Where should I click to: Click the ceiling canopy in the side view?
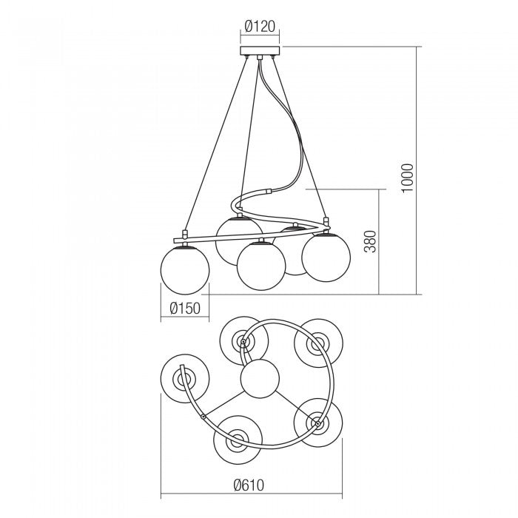[260, 51]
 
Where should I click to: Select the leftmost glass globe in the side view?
[185, 271]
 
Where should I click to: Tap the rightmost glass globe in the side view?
[326, 258]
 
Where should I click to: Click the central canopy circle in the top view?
[260, 379]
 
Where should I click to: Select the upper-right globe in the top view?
[317, 343]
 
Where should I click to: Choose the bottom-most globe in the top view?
[238, 443]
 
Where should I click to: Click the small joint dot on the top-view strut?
[203, 417]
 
